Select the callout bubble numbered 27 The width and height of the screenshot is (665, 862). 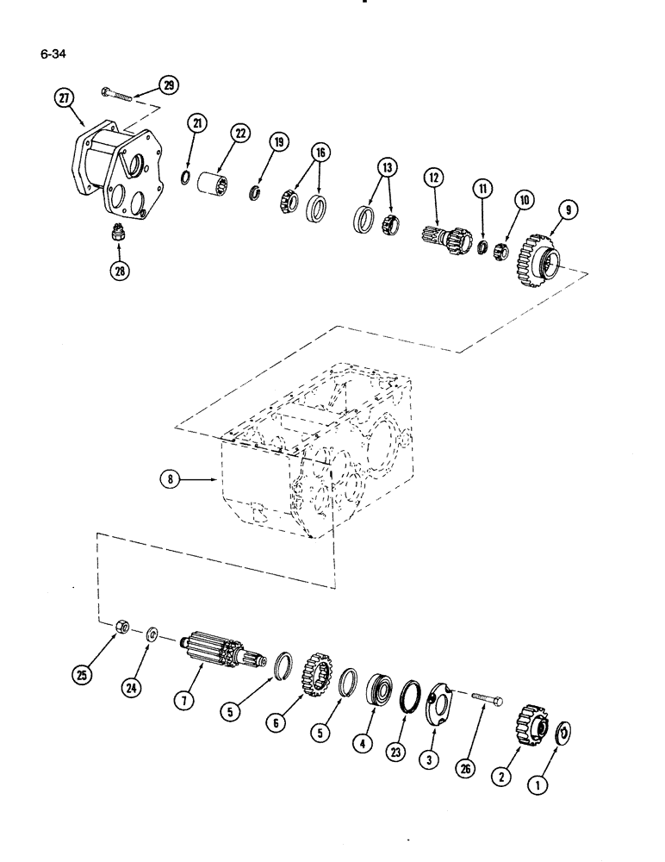[64, 98]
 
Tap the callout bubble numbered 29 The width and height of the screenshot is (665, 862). [168, 84]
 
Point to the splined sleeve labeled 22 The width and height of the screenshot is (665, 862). [212, 184]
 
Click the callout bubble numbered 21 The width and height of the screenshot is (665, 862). [198, 124]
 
